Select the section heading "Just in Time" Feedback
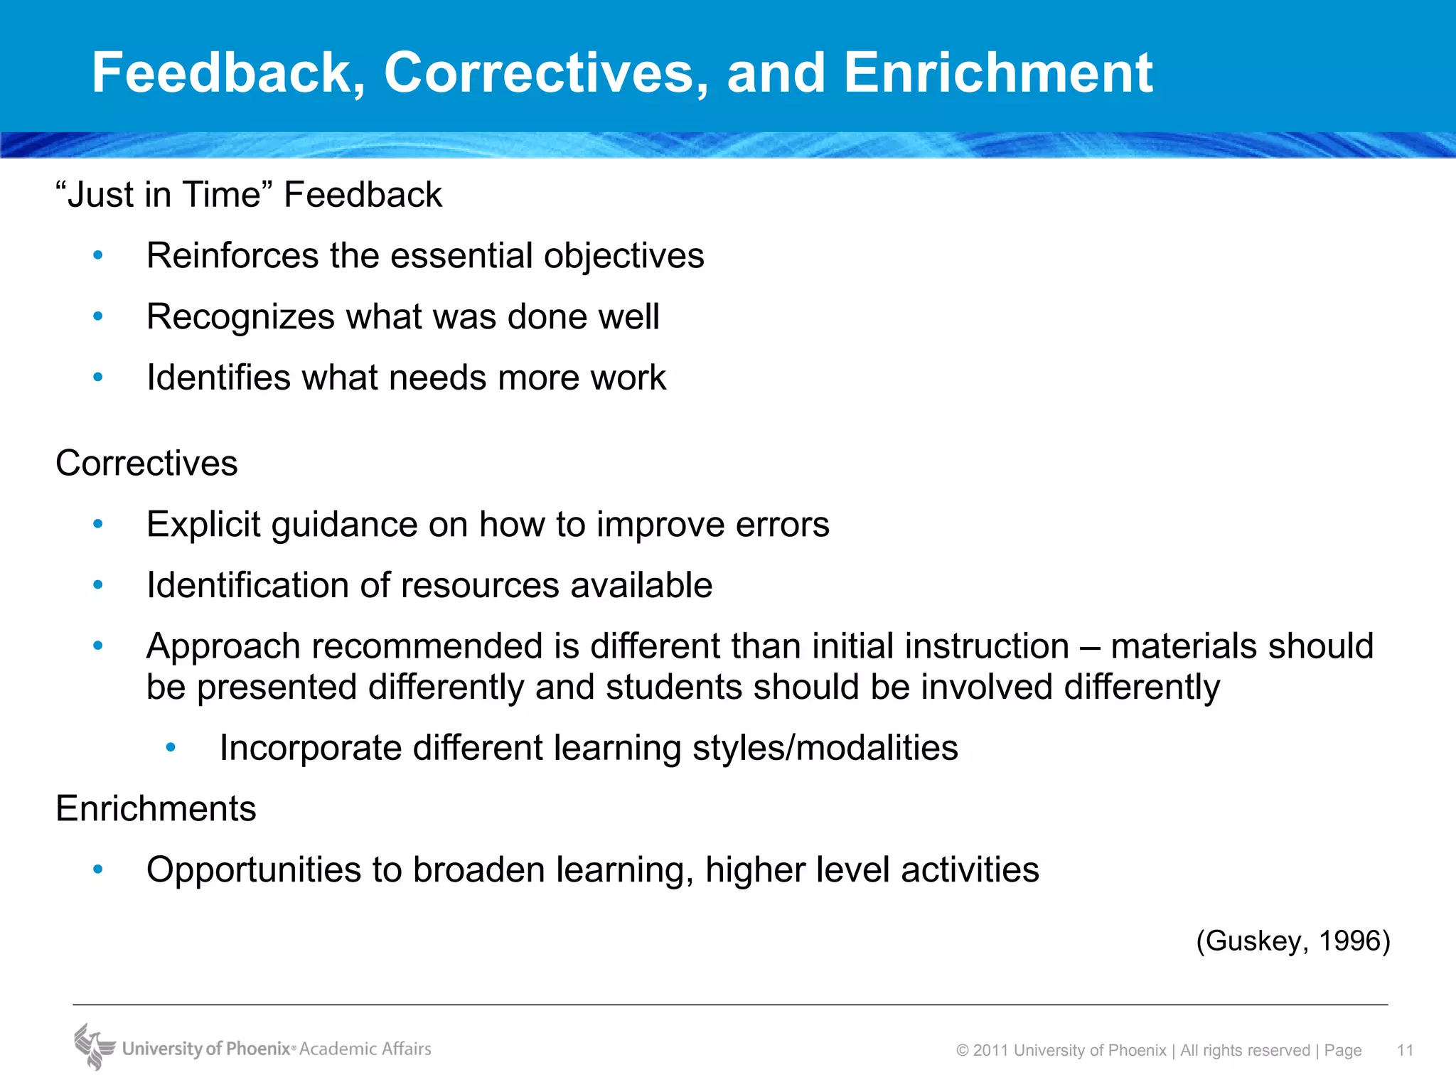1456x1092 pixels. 249,195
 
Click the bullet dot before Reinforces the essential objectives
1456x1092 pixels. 98,255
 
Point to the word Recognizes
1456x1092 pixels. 240,317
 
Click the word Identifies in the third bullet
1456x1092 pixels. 218,378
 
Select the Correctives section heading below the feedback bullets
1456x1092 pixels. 146,464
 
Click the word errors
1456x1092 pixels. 782,525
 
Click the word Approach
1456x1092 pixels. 223,647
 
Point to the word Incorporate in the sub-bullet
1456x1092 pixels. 311,748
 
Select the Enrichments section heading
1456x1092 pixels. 156,809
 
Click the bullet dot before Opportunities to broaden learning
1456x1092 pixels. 98,869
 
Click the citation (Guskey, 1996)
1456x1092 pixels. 1292,941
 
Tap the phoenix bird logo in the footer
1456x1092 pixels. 94,1046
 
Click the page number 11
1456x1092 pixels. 1405,1051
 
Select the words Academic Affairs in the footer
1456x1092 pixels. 365,1049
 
